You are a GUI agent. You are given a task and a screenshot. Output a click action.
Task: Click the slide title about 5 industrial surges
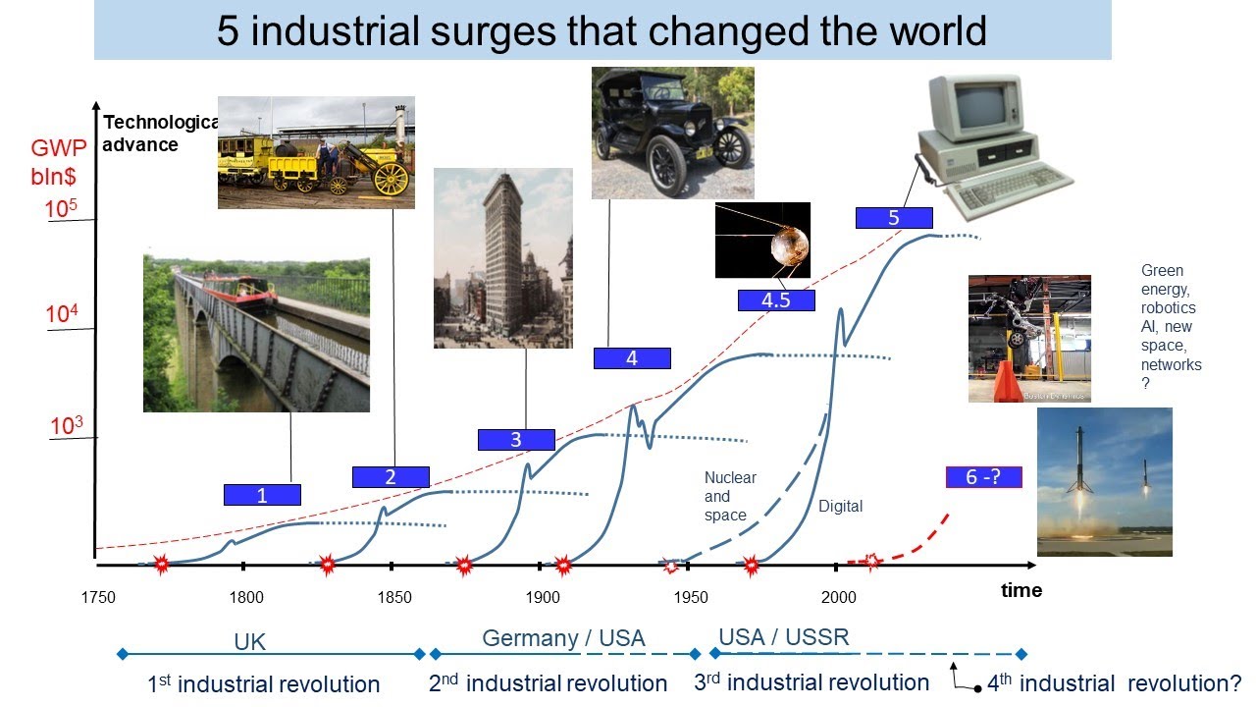[x=602, y=31]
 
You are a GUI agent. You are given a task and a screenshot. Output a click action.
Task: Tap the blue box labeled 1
[x=262, y=495]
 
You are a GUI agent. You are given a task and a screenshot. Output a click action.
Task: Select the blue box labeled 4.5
[x=776, y=300]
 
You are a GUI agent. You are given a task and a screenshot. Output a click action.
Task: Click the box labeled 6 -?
[x=983, y=477]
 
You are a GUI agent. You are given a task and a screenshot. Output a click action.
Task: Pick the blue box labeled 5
[x=893, y=218]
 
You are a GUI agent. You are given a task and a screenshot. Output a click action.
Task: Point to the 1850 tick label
[x=394, y=598]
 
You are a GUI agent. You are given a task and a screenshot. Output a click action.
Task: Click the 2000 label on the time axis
[x=838, y=598]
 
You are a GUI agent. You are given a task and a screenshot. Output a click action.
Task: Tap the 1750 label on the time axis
[x=98, y=598]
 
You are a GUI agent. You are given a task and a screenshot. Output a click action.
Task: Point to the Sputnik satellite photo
[x=762, y=240]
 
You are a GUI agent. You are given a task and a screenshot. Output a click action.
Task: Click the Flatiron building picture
[x=502, y=257]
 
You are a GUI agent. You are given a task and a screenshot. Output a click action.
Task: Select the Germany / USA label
[x=563, y=638]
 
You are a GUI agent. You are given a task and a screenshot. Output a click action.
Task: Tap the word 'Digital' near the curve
[x=840, y=507]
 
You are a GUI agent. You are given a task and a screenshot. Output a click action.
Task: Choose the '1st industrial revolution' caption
[x=263, y=684]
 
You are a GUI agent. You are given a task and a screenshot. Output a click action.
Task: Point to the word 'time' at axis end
[x=1020, y=590]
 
